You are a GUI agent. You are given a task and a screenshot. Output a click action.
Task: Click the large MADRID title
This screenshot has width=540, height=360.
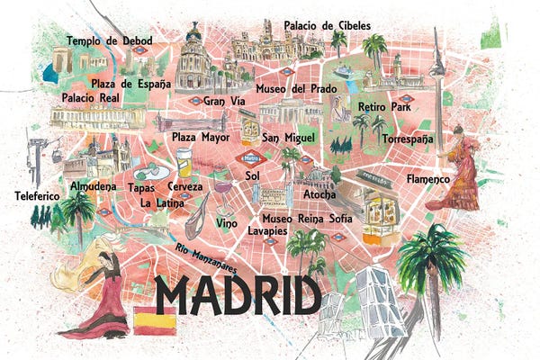point(237,295)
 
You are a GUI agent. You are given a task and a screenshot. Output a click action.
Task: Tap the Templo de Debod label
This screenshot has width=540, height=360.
point(109,41)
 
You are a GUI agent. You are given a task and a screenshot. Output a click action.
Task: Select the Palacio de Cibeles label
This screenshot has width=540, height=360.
point(327,25)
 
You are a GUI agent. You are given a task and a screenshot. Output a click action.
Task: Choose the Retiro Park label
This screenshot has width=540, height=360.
point(382,107)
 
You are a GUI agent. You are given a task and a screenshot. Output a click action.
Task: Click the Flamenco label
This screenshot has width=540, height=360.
point(427,179)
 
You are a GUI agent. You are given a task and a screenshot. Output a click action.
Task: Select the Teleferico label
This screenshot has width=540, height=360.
point(37,194)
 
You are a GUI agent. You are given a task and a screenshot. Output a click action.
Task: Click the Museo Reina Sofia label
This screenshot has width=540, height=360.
point(306,218)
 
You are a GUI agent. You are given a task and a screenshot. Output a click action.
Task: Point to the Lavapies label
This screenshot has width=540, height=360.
point(267,230)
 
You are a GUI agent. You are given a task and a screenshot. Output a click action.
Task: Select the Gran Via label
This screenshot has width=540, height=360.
point(224,101)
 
